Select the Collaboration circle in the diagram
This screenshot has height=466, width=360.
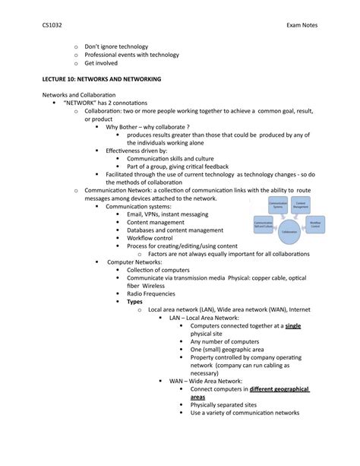289,232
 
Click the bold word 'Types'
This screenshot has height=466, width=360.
134,301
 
